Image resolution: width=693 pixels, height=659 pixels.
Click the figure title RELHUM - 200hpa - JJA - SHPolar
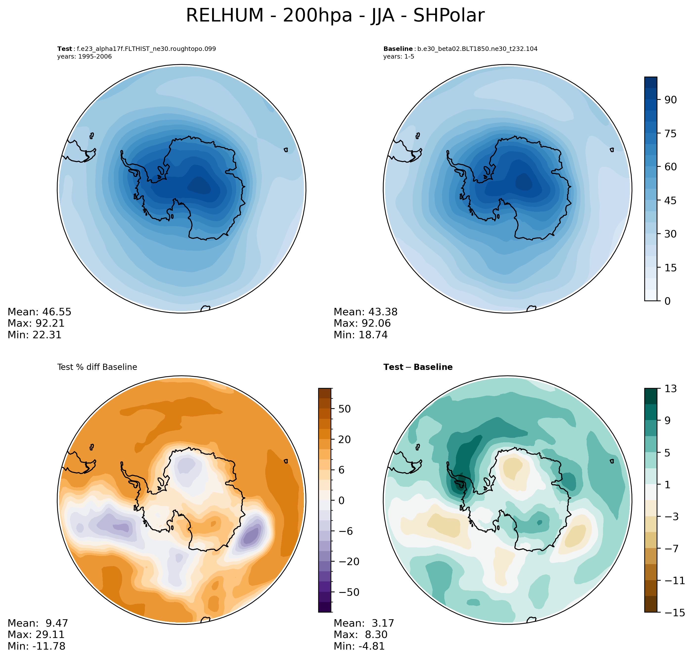click(335, 16)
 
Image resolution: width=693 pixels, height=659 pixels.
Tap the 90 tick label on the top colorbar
click(671, 100)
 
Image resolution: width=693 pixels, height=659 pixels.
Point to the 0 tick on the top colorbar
click(667, 301)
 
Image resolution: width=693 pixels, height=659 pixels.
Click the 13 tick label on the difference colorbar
click(671, 388)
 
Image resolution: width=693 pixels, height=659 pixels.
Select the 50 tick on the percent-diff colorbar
click(344, 409)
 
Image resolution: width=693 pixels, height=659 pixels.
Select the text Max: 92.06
click(362, 323)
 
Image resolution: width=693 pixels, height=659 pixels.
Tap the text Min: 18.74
click(360, 335)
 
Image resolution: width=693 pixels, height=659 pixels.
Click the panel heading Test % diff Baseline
click(97, 367)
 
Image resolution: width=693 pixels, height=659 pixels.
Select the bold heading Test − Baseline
click(418, 367)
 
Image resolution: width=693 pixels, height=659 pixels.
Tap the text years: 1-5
click(399, 57)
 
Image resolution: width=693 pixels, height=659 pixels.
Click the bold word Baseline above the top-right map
click(398, 49)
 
